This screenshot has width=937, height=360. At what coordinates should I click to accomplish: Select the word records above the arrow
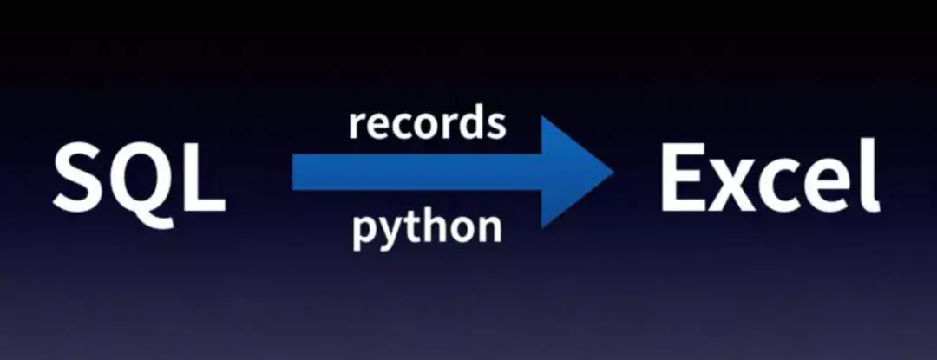coord(427,124)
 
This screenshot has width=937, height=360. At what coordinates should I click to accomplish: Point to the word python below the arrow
coord(427,227)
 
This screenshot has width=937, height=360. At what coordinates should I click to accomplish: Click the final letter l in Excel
coord(870,174)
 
